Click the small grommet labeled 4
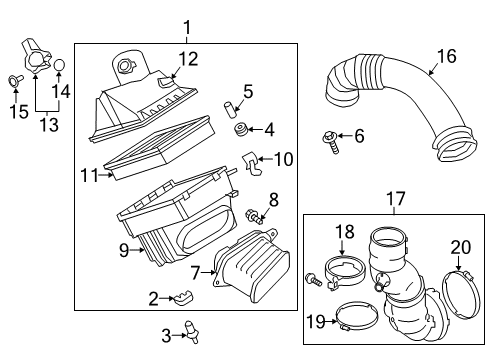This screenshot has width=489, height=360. pyautogui.click(x=241, y=130)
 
